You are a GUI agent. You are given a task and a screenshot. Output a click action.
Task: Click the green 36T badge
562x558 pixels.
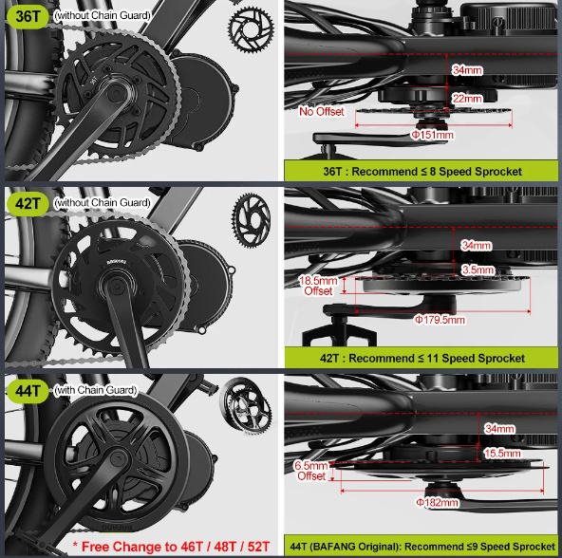tap(28, 16)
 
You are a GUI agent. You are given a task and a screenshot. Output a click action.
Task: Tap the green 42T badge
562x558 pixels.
tap(28, 204)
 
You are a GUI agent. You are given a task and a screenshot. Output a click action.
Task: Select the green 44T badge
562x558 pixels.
tap(28, 391)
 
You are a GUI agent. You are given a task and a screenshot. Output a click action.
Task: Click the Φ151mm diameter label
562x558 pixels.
tap(432, 135)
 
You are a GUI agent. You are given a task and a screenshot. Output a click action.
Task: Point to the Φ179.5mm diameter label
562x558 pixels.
tap(440, 319)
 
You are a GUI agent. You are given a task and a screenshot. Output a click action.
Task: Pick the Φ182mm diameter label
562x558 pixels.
tap(438, 502)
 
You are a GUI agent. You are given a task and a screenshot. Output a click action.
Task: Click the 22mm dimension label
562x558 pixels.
tap(467, 98)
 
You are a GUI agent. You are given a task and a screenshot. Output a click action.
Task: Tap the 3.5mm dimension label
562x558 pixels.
tap(478, 270)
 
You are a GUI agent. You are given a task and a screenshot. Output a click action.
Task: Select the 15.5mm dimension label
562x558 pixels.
tap(502, 454)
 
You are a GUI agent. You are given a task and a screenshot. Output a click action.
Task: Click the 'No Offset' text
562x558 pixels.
tap(322, 111)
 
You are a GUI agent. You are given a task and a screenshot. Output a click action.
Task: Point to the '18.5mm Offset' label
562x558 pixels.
tap(318, 286)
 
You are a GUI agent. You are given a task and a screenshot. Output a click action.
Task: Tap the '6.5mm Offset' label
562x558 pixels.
tap(311, 471)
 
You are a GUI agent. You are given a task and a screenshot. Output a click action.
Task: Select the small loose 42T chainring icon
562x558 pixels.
tap(251, 219)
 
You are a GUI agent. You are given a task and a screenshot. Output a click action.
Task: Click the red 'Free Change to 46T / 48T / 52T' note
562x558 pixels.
tap(171, 547)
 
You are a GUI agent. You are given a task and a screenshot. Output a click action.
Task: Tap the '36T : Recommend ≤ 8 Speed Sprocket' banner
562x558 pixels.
tap(421, 171)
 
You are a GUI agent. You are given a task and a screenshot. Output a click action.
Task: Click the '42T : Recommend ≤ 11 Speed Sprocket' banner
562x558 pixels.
tap(421, 358)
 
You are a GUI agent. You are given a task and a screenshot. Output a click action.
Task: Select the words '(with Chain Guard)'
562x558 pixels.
tap(96, 390)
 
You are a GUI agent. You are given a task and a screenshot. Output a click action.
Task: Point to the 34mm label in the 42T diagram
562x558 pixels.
tap(477, 246)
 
